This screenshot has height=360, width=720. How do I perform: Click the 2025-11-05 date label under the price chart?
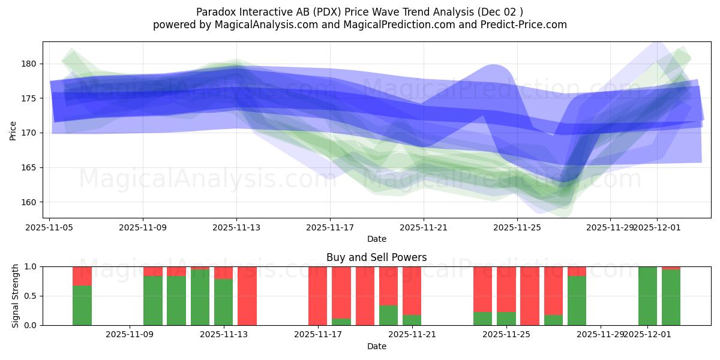(49, 227)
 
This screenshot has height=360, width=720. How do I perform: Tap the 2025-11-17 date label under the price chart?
(329, 227)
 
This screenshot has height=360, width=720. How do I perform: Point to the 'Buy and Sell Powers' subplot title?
(376, 257)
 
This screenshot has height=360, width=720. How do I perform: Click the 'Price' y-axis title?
(13, 130)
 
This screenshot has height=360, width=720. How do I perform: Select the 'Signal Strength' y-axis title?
(16, 295)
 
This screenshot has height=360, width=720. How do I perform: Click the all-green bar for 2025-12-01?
(647, 296)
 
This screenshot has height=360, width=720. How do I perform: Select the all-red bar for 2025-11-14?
(247, 296)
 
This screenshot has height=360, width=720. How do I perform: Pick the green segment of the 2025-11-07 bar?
(82, 305)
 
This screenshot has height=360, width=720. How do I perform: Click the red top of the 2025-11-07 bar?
(82, 275)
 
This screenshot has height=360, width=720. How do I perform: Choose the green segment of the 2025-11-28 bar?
(577, 301)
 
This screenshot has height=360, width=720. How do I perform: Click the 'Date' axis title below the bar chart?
(376, 346)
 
